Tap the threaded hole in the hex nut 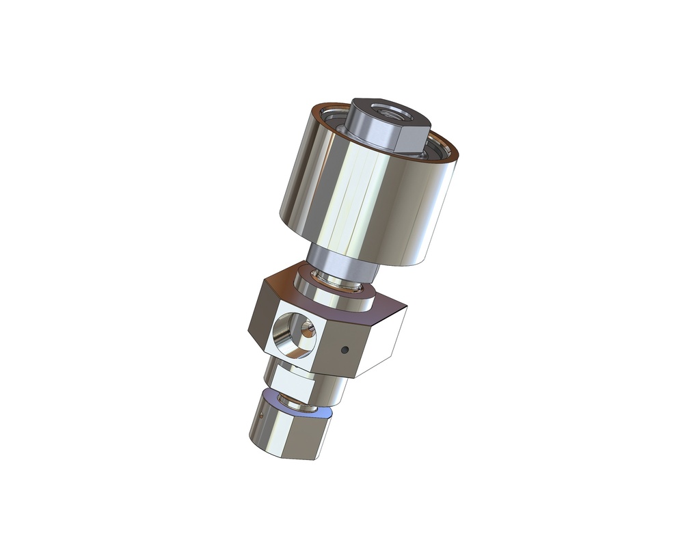(x=389, y=111)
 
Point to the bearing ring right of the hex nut (x=442, y=148)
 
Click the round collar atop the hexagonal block (x=335, y=294)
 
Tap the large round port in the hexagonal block (x=291, y=335)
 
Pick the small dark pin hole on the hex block (x=345, y=350)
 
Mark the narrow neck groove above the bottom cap (x=301, y=407)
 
